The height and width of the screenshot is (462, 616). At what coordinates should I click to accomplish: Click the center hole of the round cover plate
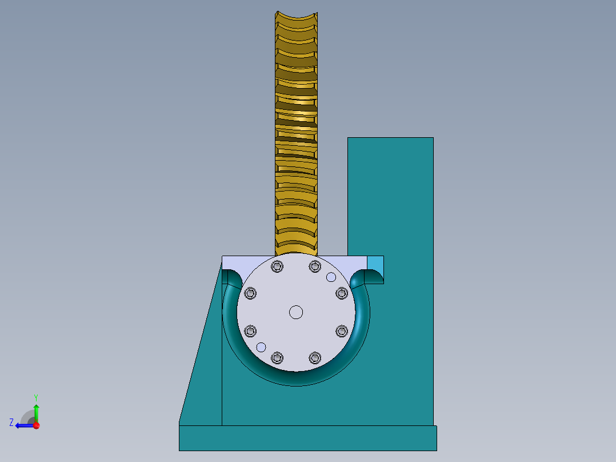[x=295, y=312]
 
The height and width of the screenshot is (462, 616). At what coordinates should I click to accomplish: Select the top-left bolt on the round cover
[x=278, y=266]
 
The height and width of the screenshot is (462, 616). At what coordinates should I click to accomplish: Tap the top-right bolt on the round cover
[x=315, y=266]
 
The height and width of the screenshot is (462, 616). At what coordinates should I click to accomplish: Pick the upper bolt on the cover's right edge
[x=342, y=293]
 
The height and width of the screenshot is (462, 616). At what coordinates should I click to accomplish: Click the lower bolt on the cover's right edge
[x=342, y=331]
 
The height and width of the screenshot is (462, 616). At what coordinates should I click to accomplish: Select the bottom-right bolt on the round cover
[x=315, y=358]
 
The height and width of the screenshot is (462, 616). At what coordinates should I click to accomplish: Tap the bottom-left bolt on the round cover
[x=278, y=358]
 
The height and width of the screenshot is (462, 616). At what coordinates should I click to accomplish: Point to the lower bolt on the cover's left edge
[x=250, y=331]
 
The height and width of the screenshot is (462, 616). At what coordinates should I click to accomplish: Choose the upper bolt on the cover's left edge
[x=250, y=293]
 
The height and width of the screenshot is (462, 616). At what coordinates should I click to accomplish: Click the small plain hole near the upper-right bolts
[x=331, y=277]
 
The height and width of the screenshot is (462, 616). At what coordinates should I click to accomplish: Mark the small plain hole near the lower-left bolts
[x=261, y=346]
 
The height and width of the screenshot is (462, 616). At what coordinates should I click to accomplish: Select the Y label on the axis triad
[x=35, y=396]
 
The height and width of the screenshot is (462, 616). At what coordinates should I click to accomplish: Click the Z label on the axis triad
[x=11, y=423]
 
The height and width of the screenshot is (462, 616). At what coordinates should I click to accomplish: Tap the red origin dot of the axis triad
[x=36, y=425]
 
